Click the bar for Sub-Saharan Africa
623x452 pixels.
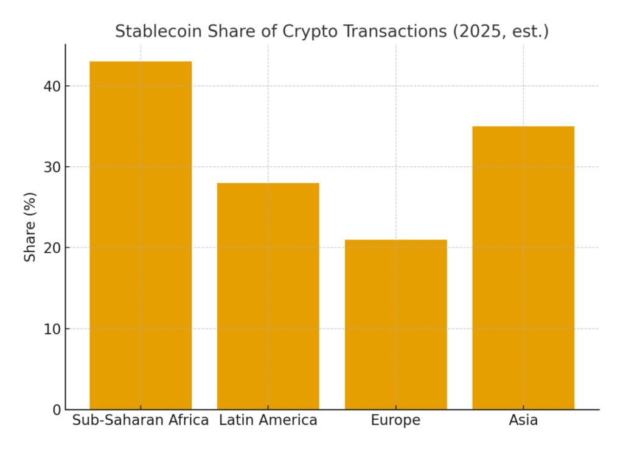(141, 235)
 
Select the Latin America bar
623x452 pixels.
(268, 296)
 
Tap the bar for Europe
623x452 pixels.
(395, 324)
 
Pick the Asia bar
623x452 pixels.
(523, 267)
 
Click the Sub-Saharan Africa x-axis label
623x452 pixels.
(141, 420)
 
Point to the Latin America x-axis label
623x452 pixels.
(268, 420)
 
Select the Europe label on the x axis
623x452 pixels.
(395, 420)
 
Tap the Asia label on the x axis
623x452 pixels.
(523, 420)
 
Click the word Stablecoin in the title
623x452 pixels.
(151, 32)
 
